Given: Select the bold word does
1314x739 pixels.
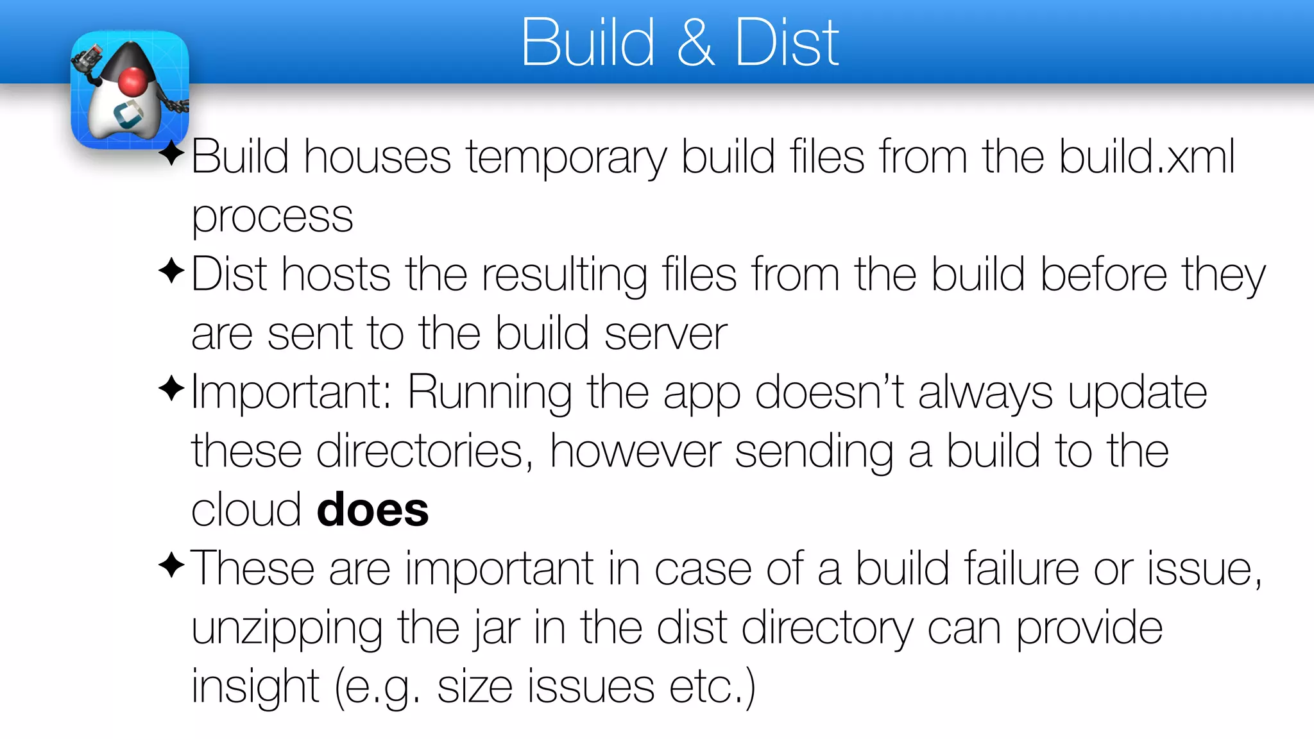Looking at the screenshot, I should point(373,510).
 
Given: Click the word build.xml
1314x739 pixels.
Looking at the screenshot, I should point(1147,157).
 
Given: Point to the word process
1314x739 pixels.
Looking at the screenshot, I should point(272,217).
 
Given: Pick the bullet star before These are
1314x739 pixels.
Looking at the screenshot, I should point(171,565).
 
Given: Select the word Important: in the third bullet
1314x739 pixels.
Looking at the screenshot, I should point(292,392).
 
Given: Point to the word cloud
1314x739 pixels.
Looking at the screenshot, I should point(246,510).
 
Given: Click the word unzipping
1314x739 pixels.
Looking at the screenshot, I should point(287,629).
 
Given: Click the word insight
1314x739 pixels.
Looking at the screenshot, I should point(255,687).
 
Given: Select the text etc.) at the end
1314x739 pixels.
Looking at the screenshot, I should point(712,687).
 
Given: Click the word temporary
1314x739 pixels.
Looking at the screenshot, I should point(567,158).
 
